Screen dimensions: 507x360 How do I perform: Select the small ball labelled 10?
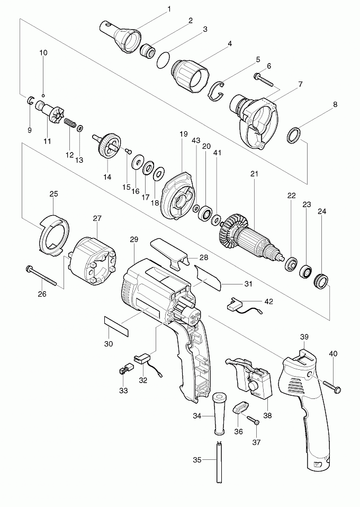(43, 95)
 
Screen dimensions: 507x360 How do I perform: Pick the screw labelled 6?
(263, 80)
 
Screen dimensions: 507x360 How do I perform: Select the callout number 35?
(197, 459)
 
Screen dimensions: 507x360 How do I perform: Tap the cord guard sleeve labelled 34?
(219, 413)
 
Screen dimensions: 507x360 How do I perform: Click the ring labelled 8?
(293, 135)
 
